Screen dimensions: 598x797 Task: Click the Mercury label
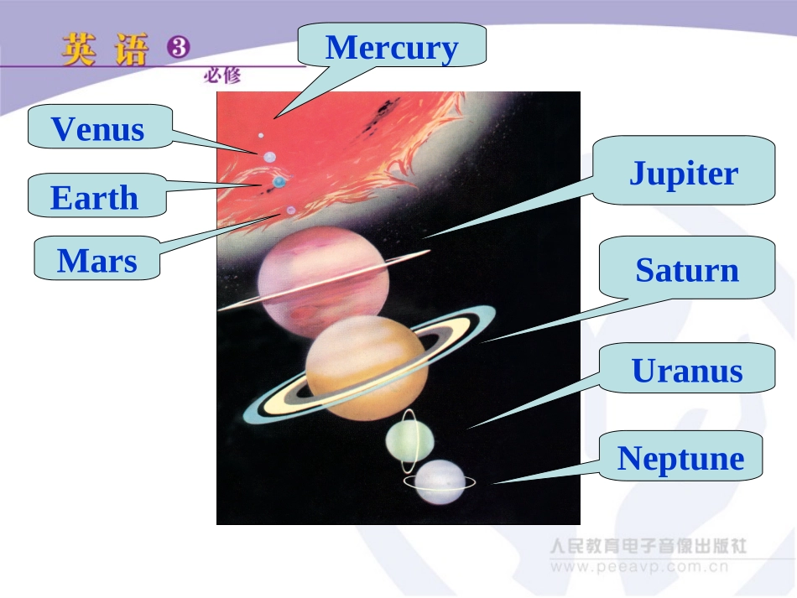[392, 47]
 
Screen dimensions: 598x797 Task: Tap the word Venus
[98, 129]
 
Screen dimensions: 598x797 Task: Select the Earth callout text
[94, 198]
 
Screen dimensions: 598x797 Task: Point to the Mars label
[97, 261]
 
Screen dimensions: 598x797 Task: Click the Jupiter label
[684, 173]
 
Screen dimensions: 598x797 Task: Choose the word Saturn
[687, 270]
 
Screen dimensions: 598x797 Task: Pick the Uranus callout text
[687, 370]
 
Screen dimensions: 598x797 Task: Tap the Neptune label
[681, 458]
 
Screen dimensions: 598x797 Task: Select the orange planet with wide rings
[367, 367]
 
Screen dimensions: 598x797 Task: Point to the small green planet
[409, 440]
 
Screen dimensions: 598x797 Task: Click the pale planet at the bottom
[439, 482]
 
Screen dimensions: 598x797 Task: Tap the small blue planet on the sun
[279, 181]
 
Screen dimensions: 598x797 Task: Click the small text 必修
[221, 75]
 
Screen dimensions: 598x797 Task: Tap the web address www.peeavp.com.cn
[640, 567]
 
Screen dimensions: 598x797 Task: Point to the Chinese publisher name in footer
[648, 546]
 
